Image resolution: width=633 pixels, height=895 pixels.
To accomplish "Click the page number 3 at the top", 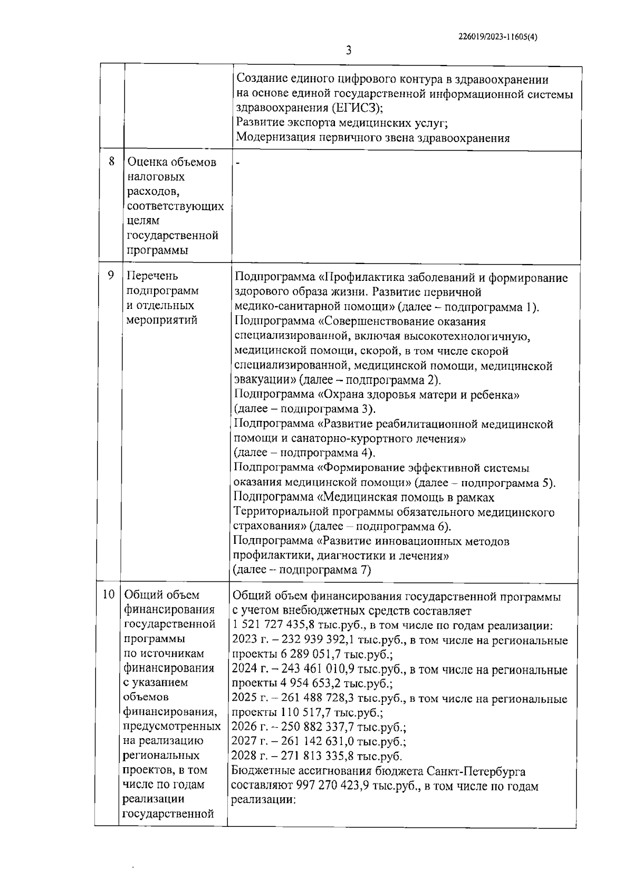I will [x=348, y=51].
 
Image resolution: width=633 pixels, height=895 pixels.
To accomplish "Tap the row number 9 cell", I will [x=111, y=276].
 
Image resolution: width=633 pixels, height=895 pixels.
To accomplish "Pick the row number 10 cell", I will [x=109, y=595].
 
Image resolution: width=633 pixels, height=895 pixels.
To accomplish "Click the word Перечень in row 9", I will [x=153, y=276].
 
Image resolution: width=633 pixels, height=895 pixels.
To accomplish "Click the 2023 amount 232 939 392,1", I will [x=310, y=641].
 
